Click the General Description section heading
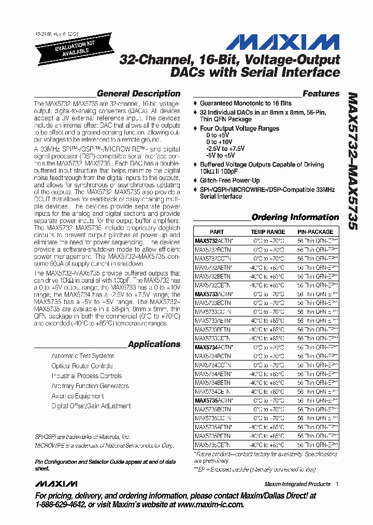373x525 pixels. (138, 94)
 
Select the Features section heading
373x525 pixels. (321, 94)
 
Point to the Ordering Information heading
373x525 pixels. (295, 217)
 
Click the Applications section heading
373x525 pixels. (154, 344)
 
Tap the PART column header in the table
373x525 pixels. (217, 232)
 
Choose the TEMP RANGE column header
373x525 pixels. (268, 232)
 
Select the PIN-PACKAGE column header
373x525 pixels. (315, 232)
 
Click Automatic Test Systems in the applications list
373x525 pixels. (83, 356)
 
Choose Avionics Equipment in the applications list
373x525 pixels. (78, 396)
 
